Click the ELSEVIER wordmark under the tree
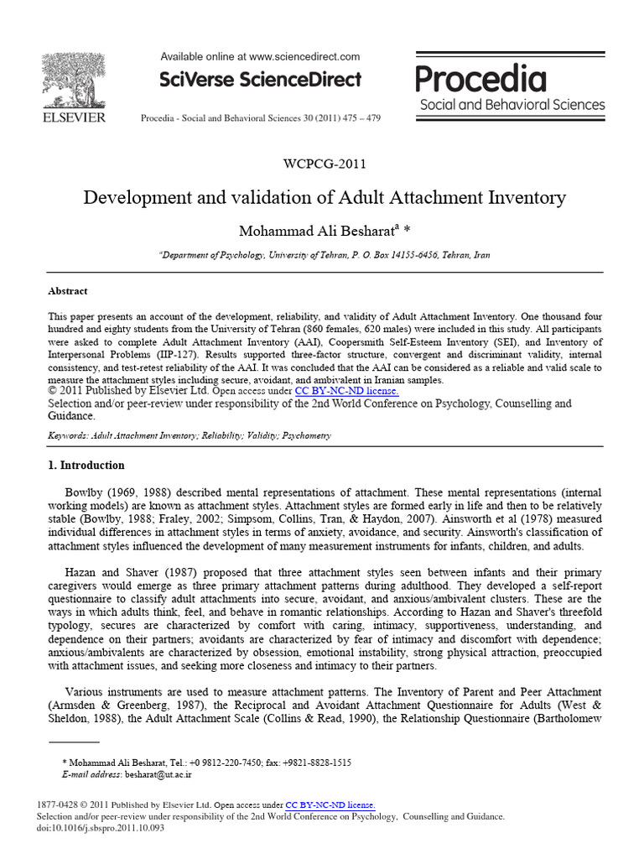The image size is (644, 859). (74, 118)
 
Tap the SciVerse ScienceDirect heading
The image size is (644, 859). (260, 80)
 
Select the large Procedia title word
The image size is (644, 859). (481, 80)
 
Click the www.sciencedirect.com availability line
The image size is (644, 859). (260, 56)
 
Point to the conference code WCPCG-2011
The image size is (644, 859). (325, 164)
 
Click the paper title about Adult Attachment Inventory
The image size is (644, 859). (325, 198)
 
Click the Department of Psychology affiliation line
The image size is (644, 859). (325, 255)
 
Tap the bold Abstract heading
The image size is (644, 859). (68, 291)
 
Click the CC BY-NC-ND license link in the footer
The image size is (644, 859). (330, 804)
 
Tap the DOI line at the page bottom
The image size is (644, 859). (101, 828)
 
